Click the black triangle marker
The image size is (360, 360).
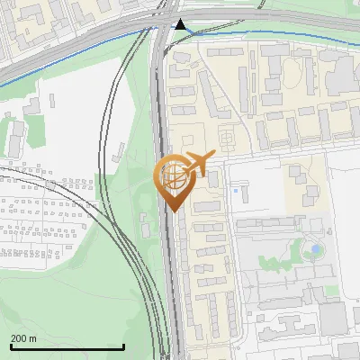coord(181,25)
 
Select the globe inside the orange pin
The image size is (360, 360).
coord(173,176)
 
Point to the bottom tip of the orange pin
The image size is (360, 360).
coord(173,211)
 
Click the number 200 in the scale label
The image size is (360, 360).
coord(20,338)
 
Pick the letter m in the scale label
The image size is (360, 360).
coord(33,338)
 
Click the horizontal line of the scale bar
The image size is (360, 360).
coord(67,346)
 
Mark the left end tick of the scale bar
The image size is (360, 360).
coord(11,345)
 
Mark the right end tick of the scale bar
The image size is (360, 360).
coord(123,345)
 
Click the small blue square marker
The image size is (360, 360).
coord(235,190)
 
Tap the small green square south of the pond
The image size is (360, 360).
coord(331,292)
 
